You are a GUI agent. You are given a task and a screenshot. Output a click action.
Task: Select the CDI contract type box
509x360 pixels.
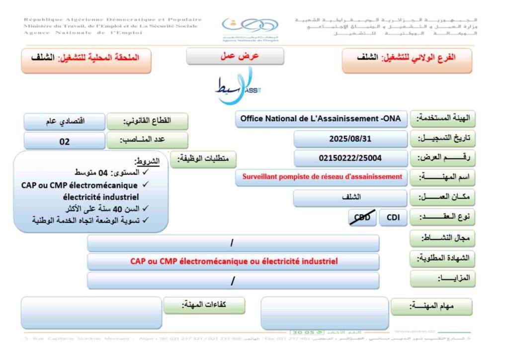tap(393, 217)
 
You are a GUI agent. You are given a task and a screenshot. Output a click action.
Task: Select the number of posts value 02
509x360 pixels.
tap(65, 141)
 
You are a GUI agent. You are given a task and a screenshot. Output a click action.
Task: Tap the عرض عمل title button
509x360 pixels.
tap(235, 56)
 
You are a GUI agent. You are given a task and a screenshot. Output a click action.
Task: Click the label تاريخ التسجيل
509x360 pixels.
tap(440, 139)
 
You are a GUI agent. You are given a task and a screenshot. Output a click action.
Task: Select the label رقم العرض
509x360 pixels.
tap(440, 159)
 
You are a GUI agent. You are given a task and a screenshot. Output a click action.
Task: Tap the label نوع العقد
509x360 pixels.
tap(440, 218)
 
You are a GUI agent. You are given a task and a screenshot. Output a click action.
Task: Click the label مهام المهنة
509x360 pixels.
tap(431, 306)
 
